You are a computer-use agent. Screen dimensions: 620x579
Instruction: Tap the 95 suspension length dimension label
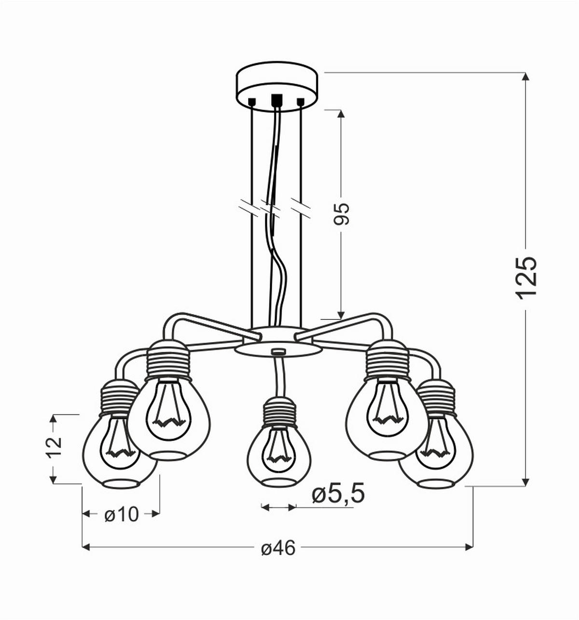[x=341, y=214]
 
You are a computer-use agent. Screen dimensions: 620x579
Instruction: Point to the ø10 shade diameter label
[x=122, y=515]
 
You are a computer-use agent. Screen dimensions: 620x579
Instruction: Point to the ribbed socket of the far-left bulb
[x=119, y=397]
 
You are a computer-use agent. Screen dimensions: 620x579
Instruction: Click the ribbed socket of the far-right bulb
[x=436, y=397]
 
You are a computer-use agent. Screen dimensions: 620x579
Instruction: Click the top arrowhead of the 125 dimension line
[x=526, y=77]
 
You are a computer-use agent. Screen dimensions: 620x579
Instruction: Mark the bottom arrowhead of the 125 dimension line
[x=526, y=482]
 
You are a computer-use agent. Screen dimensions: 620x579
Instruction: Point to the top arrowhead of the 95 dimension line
[x=341, y=114]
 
